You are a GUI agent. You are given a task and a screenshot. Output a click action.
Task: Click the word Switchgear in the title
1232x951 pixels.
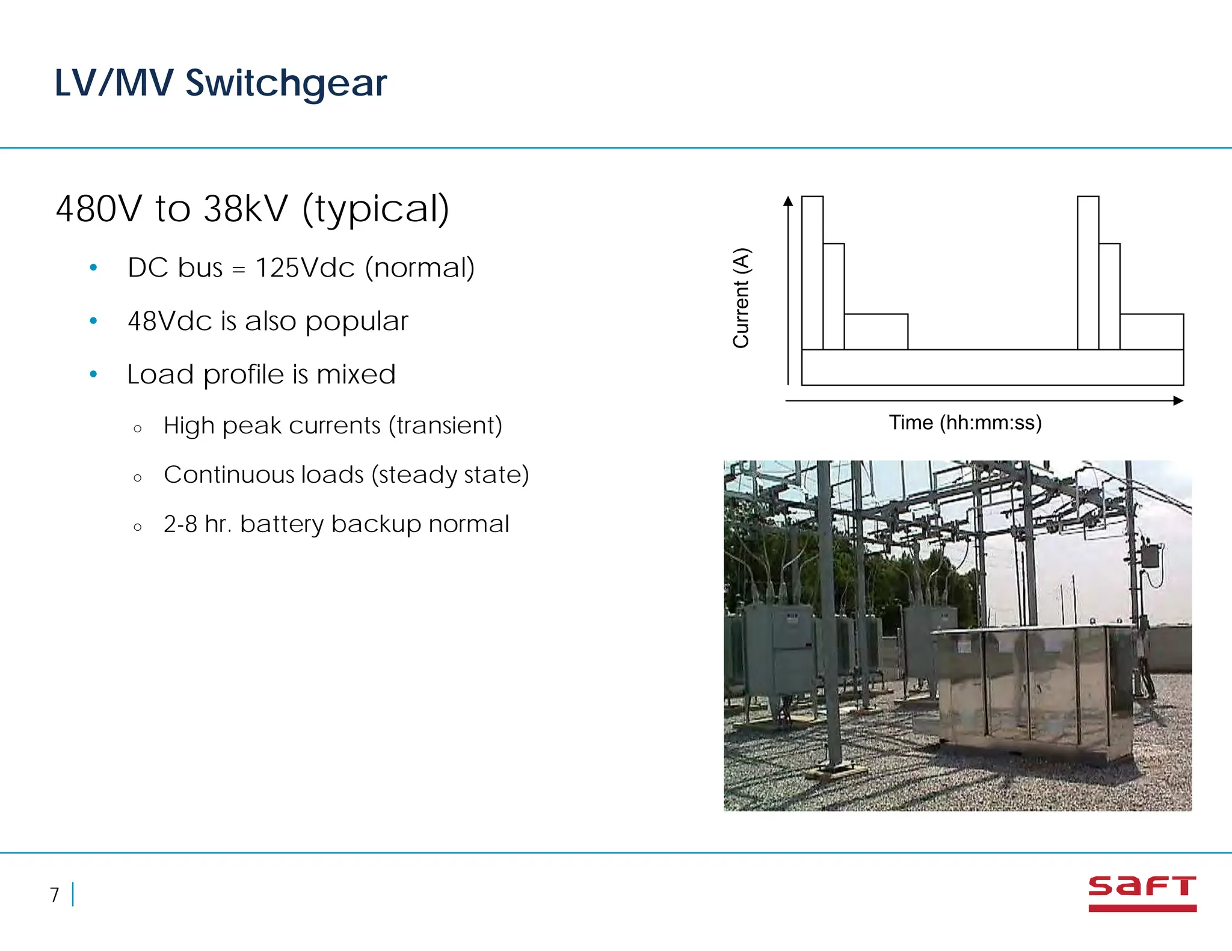click(x=286, y=83)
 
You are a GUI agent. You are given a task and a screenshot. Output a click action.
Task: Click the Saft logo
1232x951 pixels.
click(x=1142, y=893)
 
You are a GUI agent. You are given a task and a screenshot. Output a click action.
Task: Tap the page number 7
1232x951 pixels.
click(x=55, y=895)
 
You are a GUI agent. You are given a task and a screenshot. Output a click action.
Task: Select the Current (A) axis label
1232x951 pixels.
click(x=741, y=298)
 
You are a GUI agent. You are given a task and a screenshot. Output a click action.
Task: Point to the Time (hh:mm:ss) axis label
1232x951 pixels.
click(x=965, y=423)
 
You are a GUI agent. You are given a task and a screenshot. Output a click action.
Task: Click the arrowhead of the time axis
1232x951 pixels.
click(x=1178, y=401)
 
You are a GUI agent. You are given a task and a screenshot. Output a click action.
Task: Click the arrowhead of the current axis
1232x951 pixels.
click(x=788, y=201)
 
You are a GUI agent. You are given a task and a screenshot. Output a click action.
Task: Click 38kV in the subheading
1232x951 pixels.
click(x=245, y=209)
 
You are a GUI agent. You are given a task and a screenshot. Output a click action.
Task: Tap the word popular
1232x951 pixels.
click(x=357, y=321)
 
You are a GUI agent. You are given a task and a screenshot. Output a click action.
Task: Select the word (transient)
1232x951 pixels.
click(x=445, y=426)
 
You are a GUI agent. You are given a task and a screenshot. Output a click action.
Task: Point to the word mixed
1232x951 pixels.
click(x=356, y=375)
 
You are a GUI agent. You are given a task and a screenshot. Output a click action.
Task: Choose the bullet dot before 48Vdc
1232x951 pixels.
click(x=93, y=321)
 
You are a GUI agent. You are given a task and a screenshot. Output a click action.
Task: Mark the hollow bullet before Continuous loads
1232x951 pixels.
click(x=138, y=478)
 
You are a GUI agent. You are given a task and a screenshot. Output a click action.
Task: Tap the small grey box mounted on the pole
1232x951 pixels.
click(x=1150, y=556)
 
